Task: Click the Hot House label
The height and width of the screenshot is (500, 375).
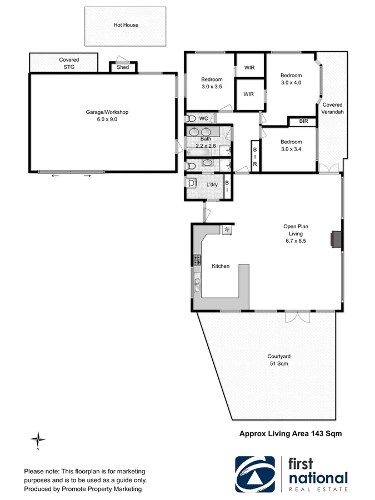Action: tap(126, 25)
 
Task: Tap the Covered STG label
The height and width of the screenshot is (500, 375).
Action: tap(69, 63)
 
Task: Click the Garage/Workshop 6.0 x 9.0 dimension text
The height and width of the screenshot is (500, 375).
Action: tap(103, 119)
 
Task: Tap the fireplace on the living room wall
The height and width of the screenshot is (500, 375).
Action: tap(336, 239)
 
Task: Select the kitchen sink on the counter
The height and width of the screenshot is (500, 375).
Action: tap(197, 284)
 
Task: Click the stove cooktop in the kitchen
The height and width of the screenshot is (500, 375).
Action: tap(197, 259)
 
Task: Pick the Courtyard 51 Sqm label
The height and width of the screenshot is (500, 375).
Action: tap(276, 360)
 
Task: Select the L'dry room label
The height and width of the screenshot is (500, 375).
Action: tap(212, 184)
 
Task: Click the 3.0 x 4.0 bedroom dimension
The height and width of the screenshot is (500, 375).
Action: tap(291, 83)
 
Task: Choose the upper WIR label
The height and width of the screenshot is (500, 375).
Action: tap(249, 68)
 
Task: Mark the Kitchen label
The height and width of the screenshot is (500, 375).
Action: tap(221, 267)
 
